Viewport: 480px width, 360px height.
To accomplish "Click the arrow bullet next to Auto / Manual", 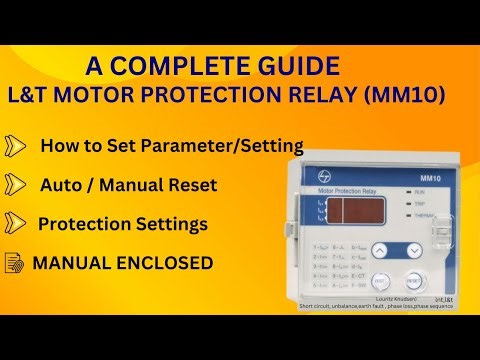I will [17, 184].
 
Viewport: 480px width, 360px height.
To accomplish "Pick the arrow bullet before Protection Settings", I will [17, 223].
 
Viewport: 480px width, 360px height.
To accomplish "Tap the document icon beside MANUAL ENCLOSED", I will [15, 263].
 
